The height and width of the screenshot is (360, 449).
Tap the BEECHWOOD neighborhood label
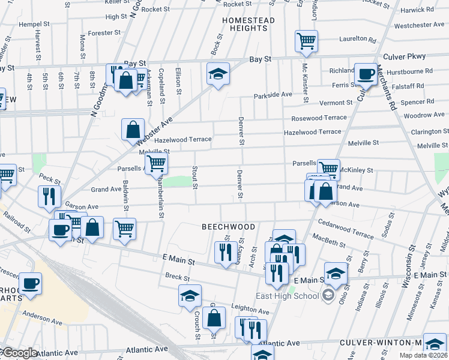click(228, 227)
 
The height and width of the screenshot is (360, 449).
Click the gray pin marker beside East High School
click(328, 295)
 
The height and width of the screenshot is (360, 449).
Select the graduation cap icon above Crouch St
click(190, 295)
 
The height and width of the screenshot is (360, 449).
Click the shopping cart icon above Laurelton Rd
click(306, 41)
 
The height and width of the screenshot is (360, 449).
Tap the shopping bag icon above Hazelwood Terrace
click(133, 128)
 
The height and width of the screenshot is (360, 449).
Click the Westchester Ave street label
click(418, 25)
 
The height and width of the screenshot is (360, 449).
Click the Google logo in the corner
click(19, 353)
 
